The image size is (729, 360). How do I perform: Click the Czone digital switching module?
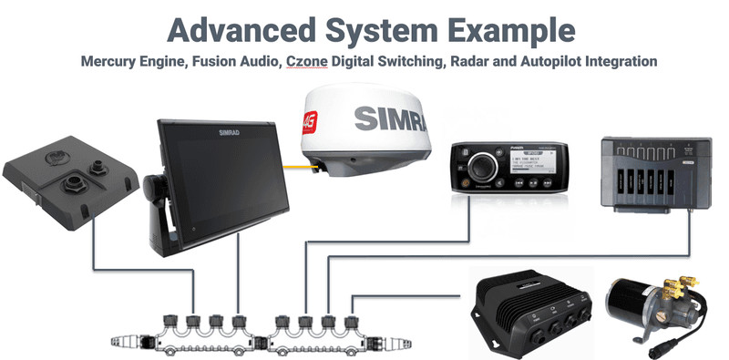[x=655, y=172]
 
